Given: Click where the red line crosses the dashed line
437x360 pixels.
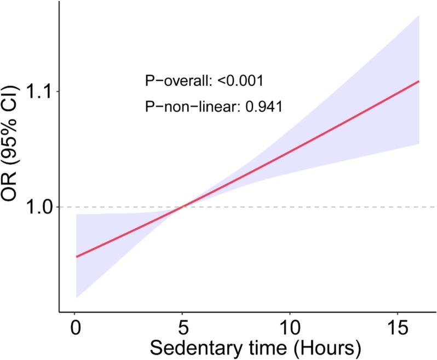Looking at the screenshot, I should [x=183, y=207].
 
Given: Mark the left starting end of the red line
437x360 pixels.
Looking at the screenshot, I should [x=76, y=256].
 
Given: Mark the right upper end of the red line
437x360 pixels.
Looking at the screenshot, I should [x=419, y=81].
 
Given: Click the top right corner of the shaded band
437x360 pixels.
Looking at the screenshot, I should [x=419, y=16].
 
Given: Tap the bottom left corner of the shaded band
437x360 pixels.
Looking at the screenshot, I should [x=76, y=297].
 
